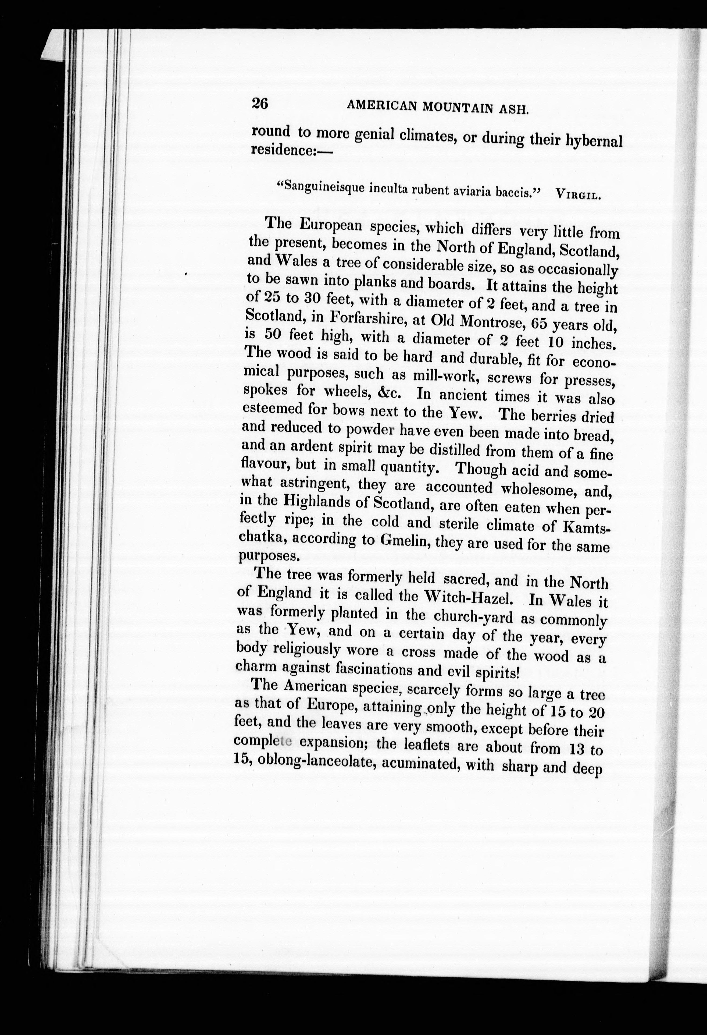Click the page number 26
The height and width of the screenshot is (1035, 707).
pyautogui.click(x=260, y=104)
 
